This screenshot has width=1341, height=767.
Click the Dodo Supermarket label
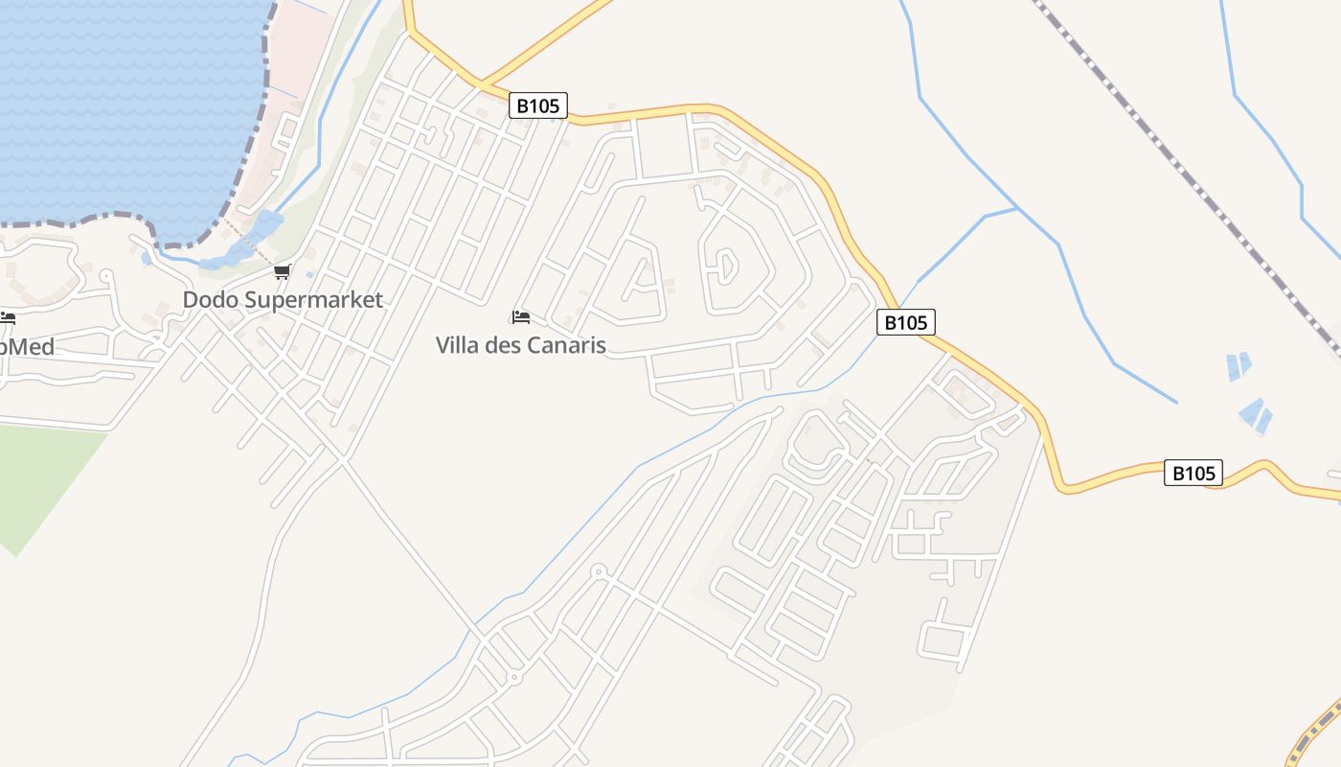[x=283, y=300]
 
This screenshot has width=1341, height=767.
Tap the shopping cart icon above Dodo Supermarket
[x=282, y=272]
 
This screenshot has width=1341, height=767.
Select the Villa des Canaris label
[x=521, y=345]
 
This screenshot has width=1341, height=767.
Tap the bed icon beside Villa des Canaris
[x=521, y=316]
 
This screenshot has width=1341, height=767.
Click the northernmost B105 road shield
[x=537, y=105]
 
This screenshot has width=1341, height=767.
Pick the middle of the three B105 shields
[x=905, y=322]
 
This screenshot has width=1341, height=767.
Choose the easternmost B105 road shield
[x=1193, y=473]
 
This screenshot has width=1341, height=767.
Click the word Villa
[x=458, y=345]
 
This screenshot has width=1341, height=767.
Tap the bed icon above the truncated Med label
[x=8, y=318]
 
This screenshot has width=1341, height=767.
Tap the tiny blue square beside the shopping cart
[x=309, y=275]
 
